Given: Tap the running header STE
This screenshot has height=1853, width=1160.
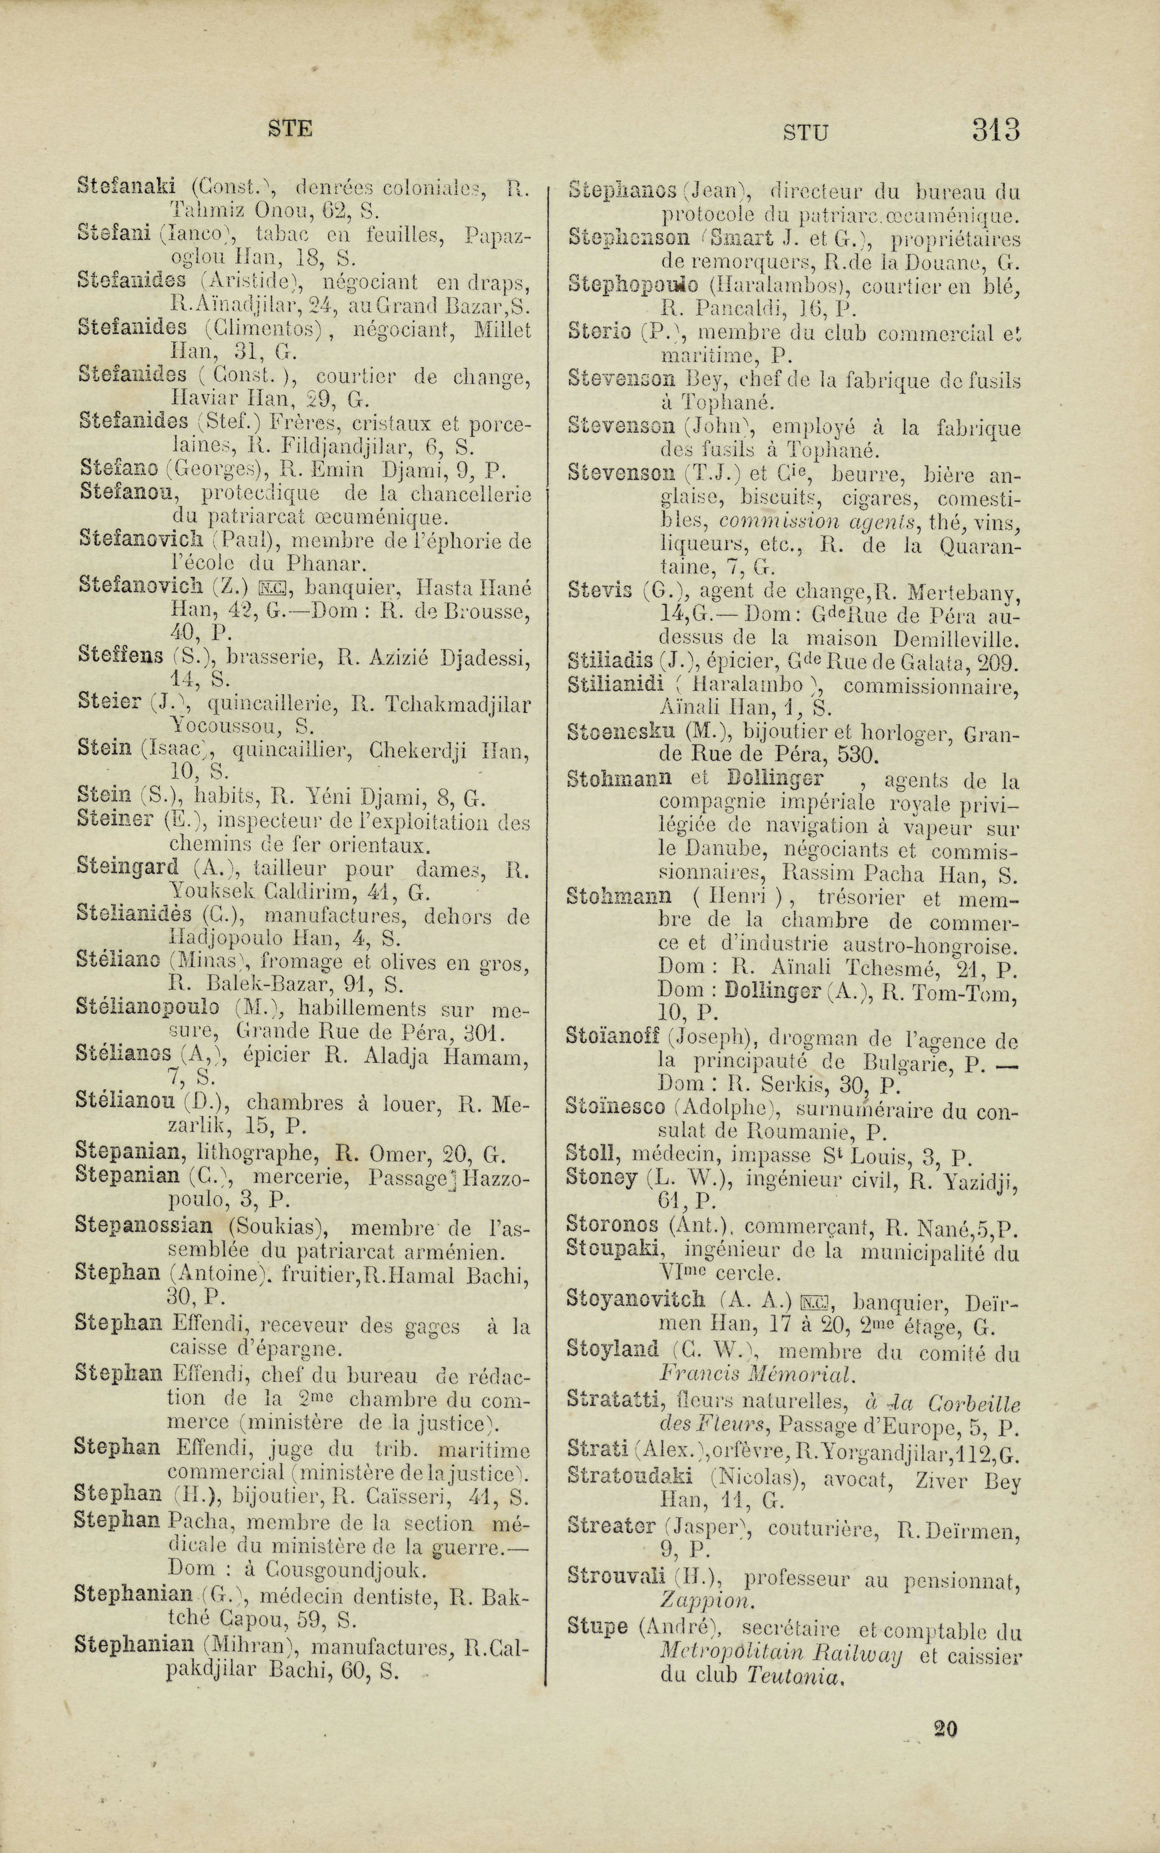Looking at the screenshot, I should pos(290,129).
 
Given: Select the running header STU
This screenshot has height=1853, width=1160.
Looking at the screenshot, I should pos(805,133).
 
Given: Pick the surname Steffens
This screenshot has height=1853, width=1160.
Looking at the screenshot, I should pos(121,656).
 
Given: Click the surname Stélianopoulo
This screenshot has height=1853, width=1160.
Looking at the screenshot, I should pos(147,1007).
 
